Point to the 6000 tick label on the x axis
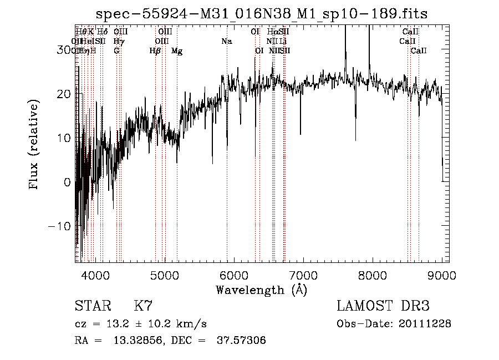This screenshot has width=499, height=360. (x=233, y=275)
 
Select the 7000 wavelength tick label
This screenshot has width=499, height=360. (x=303, y=275)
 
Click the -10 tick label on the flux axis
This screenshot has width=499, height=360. (x=60, y=226)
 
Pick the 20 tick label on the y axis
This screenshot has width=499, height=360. (x=64, y=94)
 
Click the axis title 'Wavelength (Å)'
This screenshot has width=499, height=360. (x=261, y=290)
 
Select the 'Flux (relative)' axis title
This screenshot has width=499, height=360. (x=35, y=145)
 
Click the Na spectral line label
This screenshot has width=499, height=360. (x=226, y=41)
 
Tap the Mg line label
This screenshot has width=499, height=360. (x=177, y=51)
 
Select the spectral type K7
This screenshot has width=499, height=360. (x=143, y=306)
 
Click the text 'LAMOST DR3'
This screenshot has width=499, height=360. (x=383, y=306)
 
